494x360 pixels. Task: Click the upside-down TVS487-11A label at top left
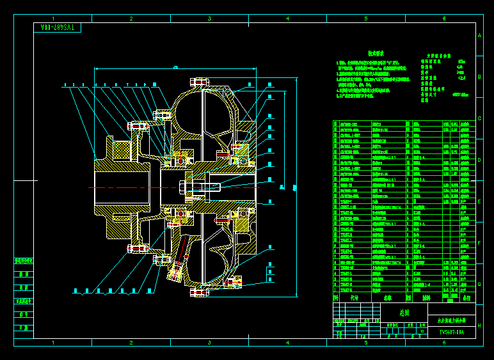point(58,27)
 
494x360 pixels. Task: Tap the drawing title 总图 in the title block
point(404,313)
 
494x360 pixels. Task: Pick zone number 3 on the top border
point(209,19)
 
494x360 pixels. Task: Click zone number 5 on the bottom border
point(365,343)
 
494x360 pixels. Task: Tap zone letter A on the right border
point(479,36)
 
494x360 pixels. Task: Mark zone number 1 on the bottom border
point(53,343)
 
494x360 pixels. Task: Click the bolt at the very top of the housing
point(199,82)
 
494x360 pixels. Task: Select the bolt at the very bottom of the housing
point(199,292)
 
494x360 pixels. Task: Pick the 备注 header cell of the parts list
point(466,298)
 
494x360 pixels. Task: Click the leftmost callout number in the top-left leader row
point(65,84)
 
